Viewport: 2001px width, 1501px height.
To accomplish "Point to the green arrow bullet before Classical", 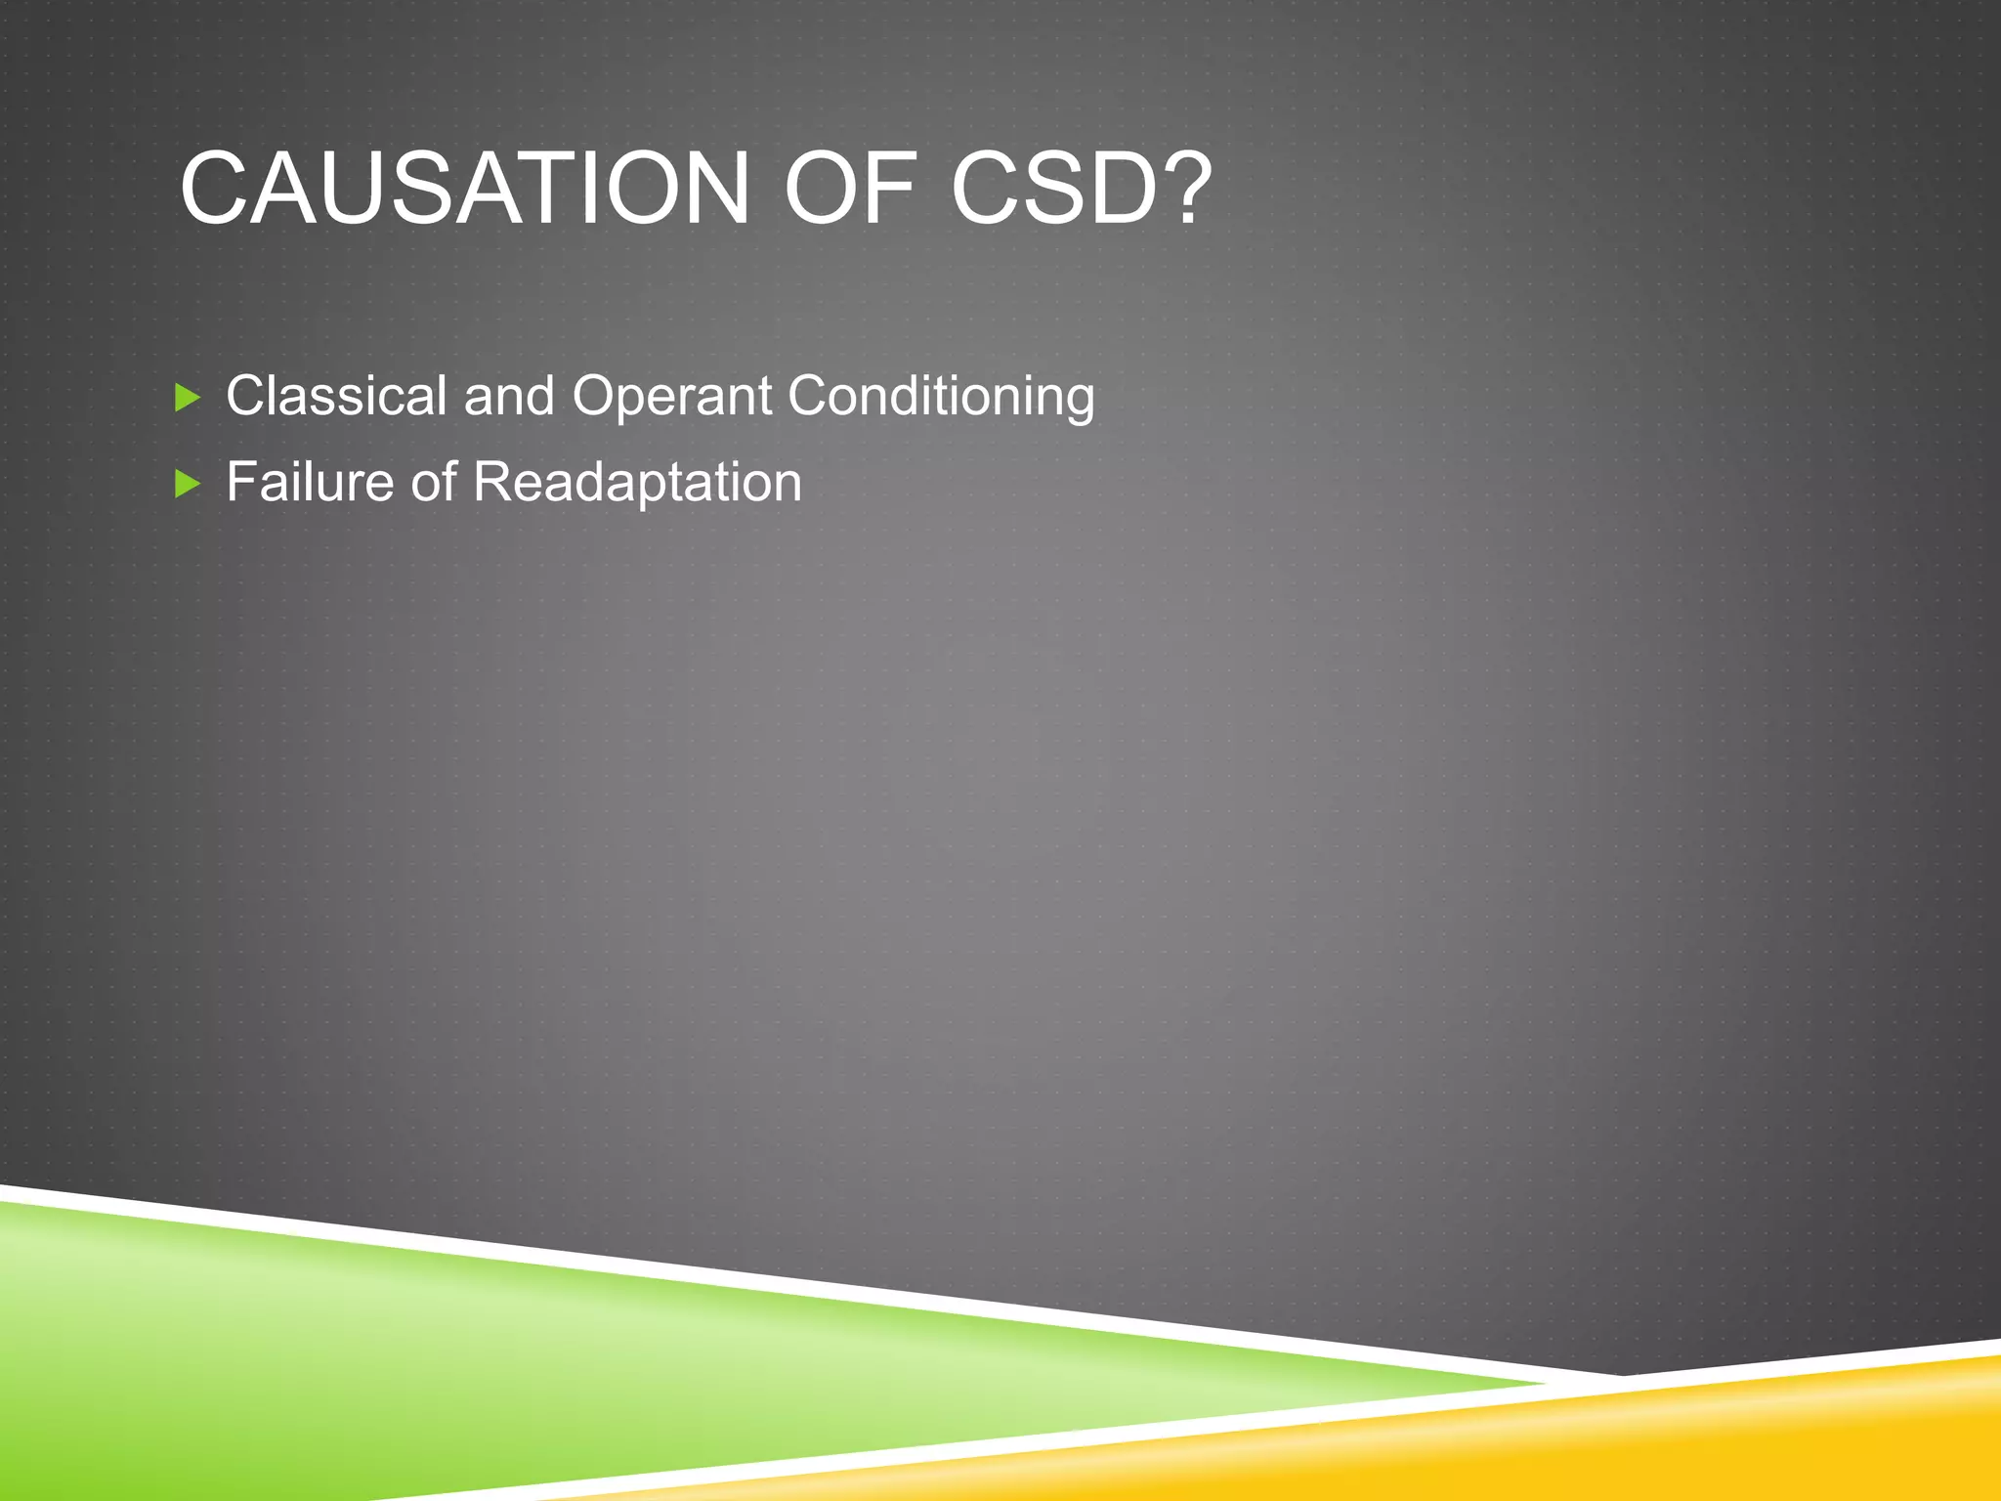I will click(187, 397).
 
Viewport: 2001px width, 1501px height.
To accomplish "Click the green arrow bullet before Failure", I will click(187, 483).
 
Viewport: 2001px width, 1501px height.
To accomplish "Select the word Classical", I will click(336, 396).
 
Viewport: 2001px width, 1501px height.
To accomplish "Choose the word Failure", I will click(310, 482).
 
